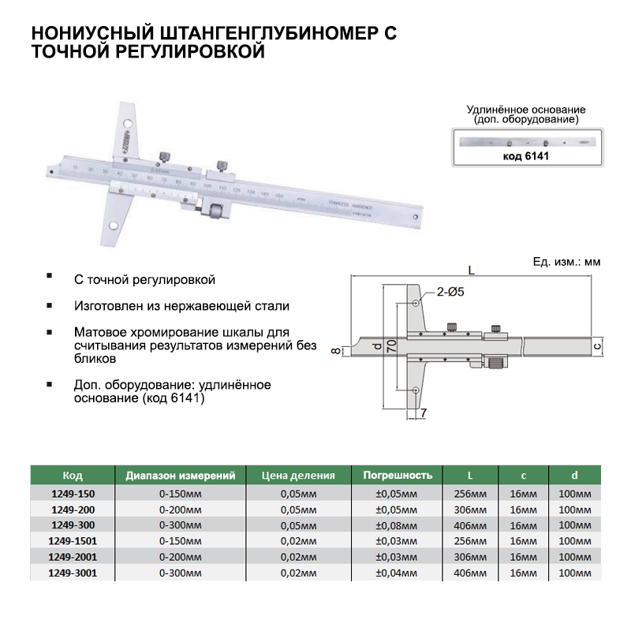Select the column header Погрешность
[x=398, y=476]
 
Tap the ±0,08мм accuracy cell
[x=398, y=525]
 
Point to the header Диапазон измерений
[x=181, y=476]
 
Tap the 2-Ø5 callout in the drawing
[x=450, y=293]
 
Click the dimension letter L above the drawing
[x=471, y=269]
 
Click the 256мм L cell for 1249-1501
[x=470, y=541]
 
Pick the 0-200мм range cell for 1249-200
[x=181, y=510]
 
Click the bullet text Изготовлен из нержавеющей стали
[x=181, y=305]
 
